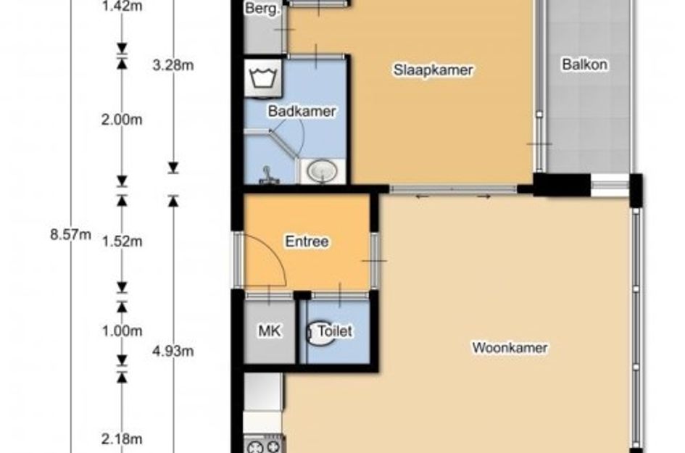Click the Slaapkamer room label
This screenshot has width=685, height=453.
(x=433, y=70)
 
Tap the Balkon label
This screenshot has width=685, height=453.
(x=584, y=65)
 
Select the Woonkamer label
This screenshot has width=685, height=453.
(x=510, y=348)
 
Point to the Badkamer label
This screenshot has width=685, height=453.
(x=302, y=111)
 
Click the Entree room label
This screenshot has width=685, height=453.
(x=307, y=241)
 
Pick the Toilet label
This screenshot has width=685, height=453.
(x=335, y=331)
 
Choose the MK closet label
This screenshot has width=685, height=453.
(x=270, y=331)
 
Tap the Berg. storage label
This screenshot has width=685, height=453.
(x=262, y=8)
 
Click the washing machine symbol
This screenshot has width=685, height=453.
(x=263, y=78)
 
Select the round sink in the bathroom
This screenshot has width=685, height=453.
(x=323, y=171)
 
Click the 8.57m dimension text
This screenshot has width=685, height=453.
(x=71, y=235)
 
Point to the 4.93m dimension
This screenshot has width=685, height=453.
(x=173, y=352)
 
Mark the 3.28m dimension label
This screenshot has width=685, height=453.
(x=173, y=65)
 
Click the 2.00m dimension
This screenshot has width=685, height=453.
(x=122, y=120)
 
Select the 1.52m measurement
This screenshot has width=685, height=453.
(x=122, y=241)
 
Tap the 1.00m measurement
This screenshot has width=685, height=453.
(x=122, y=331)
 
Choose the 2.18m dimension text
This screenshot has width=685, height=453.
(x=122, y=439)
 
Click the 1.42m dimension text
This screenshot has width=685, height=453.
(x=122, y=7)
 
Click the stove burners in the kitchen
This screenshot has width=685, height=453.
(x=263, y=445)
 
